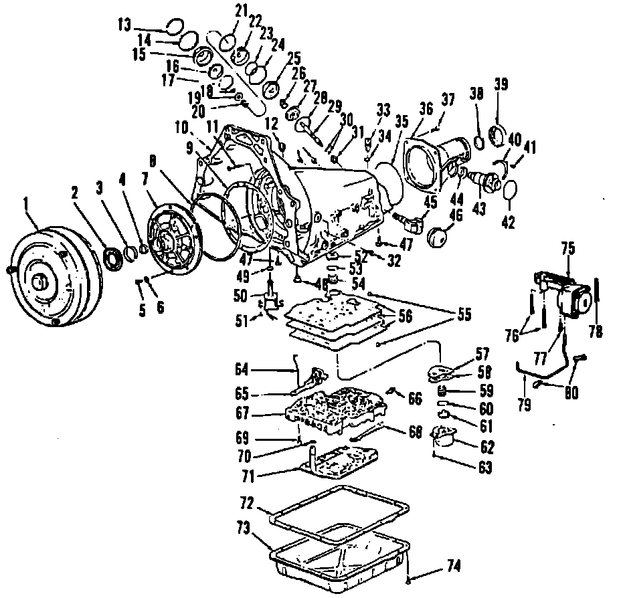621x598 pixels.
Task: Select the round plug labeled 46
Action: [438, 238]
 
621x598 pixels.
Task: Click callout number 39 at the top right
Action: [501, 85]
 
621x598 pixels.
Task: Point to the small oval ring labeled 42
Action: [508, 190]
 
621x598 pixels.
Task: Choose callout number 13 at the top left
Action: [124, 25]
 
